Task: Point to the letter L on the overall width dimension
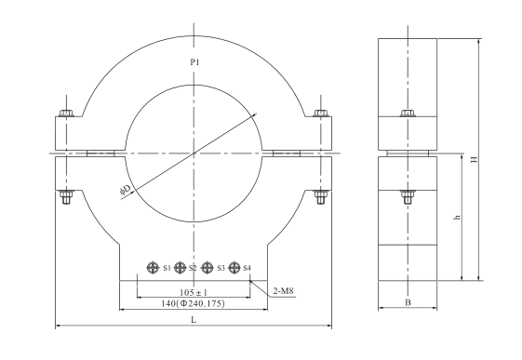(194, 319)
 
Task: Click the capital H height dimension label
(474, 159)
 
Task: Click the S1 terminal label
(167, 268)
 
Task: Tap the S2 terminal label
(193, 268)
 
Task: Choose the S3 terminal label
(221, 268)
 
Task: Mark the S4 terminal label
(247, 268)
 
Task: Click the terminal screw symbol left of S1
(152, 268)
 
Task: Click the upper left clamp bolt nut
(65, 115)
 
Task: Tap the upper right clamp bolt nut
(321, 115)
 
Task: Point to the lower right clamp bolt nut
(321, 195)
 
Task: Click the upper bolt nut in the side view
(406, 115)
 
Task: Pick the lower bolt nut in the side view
(406, 195)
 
